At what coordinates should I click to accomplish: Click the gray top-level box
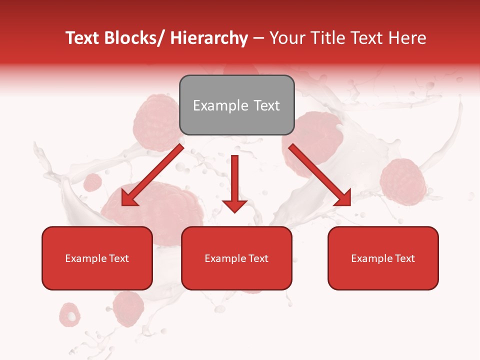236,105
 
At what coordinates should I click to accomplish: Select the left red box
97,258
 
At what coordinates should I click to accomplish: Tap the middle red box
236,258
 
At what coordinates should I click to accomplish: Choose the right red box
383,258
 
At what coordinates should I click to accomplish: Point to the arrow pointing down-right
320,175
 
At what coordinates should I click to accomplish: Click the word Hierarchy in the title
209,38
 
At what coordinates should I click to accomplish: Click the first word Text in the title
82,38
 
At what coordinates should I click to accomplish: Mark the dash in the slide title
258,38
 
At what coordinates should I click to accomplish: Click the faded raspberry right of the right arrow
402,181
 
